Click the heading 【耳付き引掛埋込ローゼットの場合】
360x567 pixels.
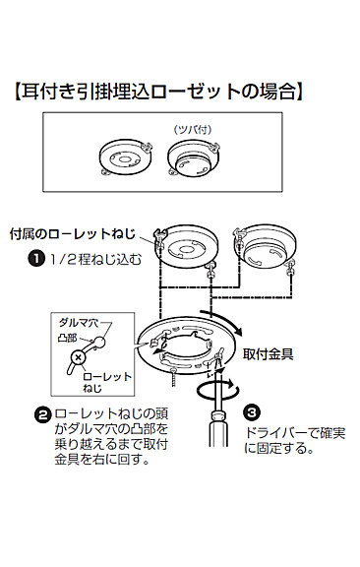pyautogui.click(x=158, y=92)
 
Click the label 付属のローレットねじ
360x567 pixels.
pyautogui.click(x=72, y=234)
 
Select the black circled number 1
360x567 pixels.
pyautogui.click(x=35, y=259)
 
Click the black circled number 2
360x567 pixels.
pyautogui.click(x=42, y=414)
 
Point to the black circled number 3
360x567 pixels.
pyautogui.click(x=252, y=412)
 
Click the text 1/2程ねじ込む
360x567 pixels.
pyautogui.click(x=95, y=259)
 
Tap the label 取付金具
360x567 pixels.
pyautogui.click(x=268, y=354)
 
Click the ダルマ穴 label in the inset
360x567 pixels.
pyautogui.click(x=78, y=323)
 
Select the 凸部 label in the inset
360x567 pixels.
pyautogui.click(x=67, y=338)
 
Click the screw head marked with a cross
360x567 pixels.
pyautogui.click(x=78, y=358)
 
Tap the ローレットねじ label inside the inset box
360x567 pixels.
pyautogui.click(x=107, y=382)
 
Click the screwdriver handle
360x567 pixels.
pyautogui.click(x=218, y=429)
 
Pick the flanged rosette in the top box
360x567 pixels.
pyautogui.click(x=194, y=159)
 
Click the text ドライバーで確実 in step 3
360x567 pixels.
pyautogui.click(x=295, y=433)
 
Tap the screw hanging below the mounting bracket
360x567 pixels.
pyautogui.click(x=174, y=378)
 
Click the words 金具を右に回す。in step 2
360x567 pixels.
pyautogui.click(x=102, y=460)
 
